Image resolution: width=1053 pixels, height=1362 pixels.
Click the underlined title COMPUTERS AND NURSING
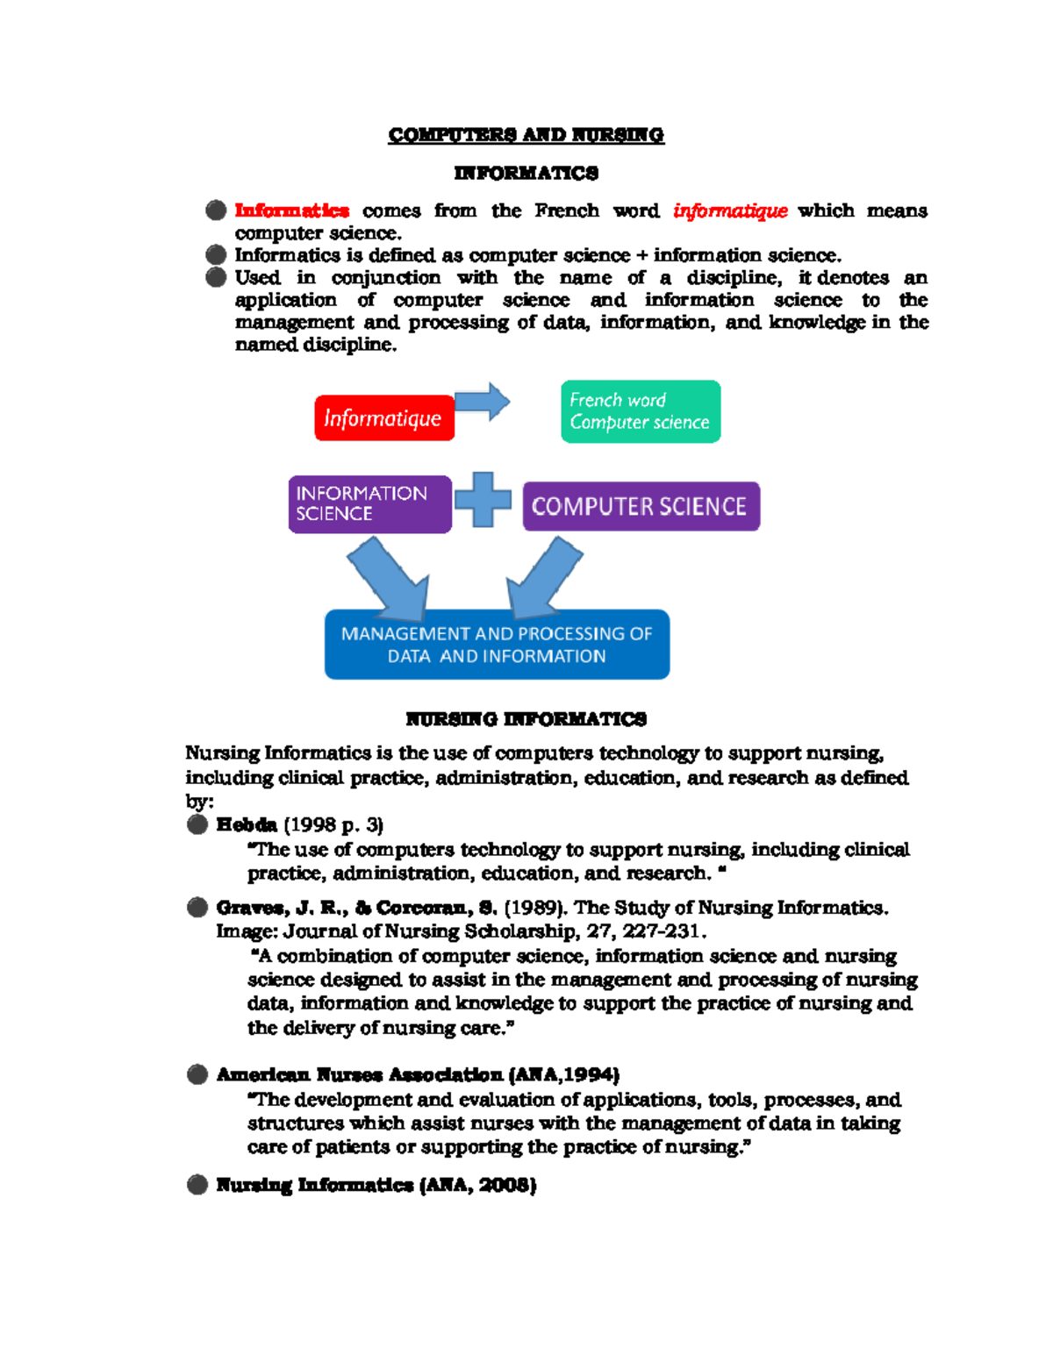(x=526, y=135)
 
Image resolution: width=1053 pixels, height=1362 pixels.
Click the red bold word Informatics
(x=291, y=210)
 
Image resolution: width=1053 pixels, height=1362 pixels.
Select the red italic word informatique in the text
(x=729, y=210)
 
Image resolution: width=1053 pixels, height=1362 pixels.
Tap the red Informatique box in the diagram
(x=384, y=418)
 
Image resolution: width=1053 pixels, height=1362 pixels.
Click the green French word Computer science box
(x=641, y=411)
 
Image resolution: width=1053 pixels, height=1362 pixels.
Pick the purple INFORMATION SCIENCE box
(x=369, y=504)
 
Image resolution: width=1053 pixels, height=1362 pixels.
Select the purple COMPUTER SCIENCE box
(x=641, y=507)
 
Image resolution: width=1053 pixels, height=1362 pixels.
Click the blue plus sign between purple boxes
(x=482, y=500)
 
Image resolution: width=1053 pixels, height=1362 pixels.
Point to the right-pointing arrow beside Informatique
(x=482, y=403)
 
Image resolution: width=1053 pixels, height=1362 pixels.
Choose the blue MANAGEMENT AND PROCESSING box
(x=497, y=645)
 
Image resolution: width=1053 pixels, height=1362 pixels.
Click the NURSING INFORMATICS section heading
(x=526, y=719)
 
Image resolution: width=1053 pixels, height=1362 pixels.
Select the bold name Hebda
(x=247, y=825)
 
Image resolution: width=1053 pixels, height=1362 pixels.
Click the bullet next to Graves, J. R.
(x=197, y=908)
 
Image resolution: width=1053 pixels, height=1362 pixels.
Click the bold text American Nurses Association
(x=360, y=1075)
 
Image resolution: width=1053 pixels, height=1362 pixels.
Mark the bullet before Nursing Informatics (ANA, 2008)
(x=197, y=1185)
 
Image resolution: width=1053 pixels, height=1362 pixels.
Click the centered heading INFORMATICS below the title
(x=526, y=173)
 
